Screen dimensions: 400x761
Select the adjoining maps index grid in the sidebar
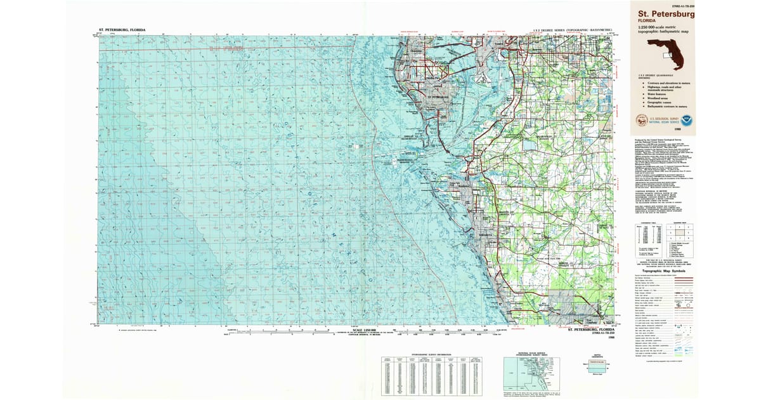pyautogui.click(x=682, y=232)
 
